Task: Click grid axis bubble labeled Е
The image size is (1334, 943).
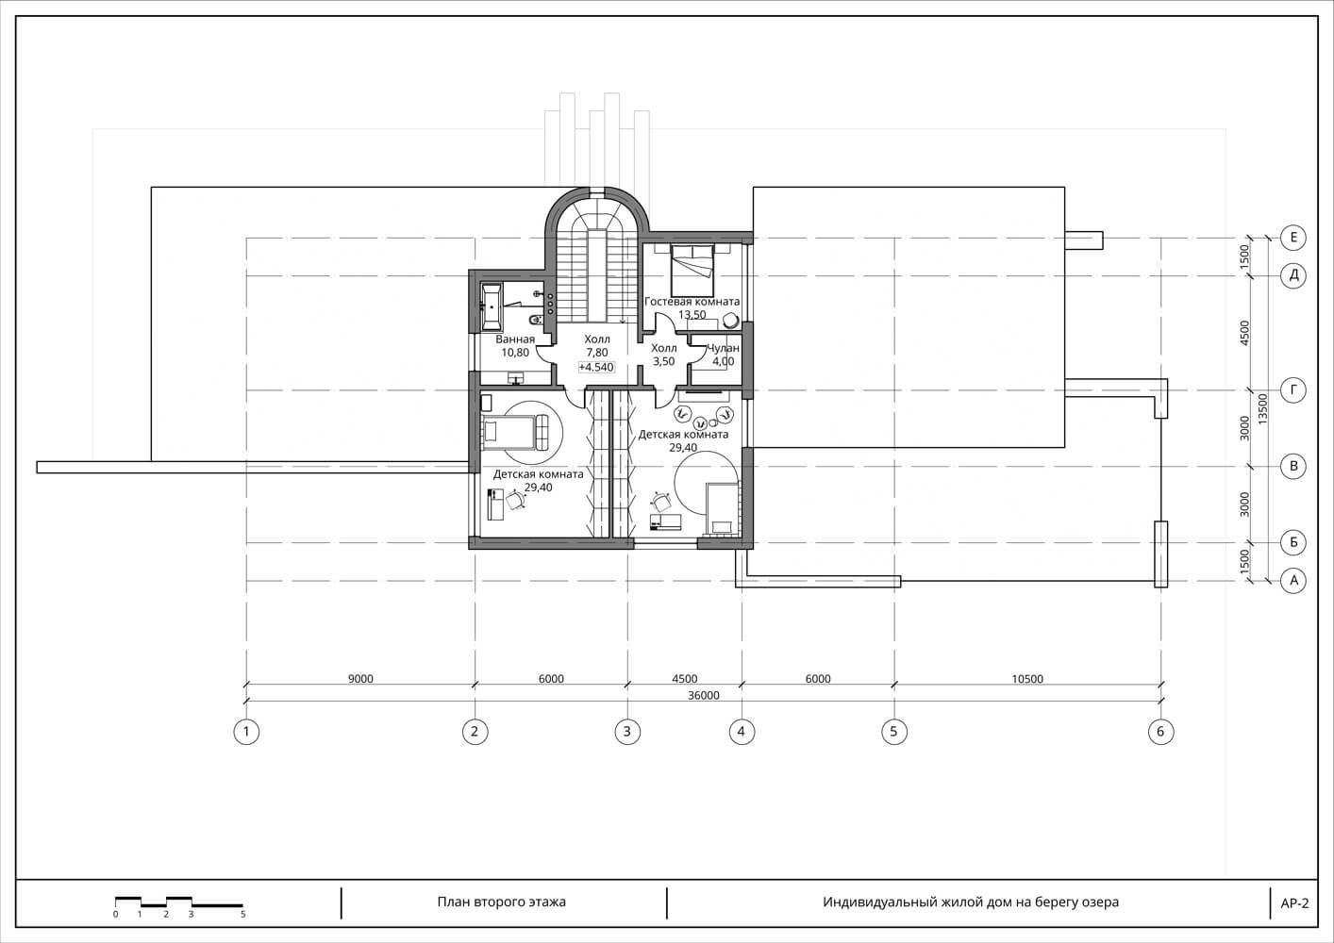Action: tap(1292, 238)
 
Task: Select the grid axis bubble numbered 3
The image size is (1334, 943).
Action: tap(627, 731)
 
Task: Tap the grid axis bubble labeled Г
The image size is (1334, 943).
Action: tap(1292, 390)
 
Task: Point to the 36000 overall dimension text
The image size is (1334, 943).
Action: tap(704, 695)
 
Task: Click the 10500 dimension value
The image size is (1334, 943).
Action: tap(1027, 679)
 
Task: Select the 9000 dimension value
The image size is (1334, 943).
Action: tap(360, 679)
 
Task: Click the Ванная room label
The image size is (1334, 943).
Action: tap(515, 339)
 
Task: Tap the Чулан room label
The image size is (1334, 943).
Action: tap(723, 348)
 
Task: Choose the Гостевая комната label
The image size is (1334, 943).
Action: tap(692, 302)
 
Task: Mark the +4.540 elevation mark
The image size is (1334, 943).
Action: tap(596, 367)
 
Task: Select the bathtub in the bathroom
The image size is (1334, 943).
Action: tap(491, 307)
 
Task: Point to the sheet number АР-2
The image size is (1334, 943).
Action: tap(1294, 903)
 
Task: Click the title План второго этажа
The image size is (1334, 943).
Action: tap(502, 902)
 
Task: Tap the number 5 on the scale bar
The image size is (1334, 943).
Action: tap(243, 915)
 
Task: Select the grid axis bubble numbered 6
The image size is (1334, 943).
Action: tap(1160, 731)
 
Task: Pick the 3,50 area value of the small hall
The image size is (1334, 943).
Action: tap(663, 361)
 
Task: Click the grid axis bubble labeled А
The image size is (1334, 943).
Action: tap(1292, 581)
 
